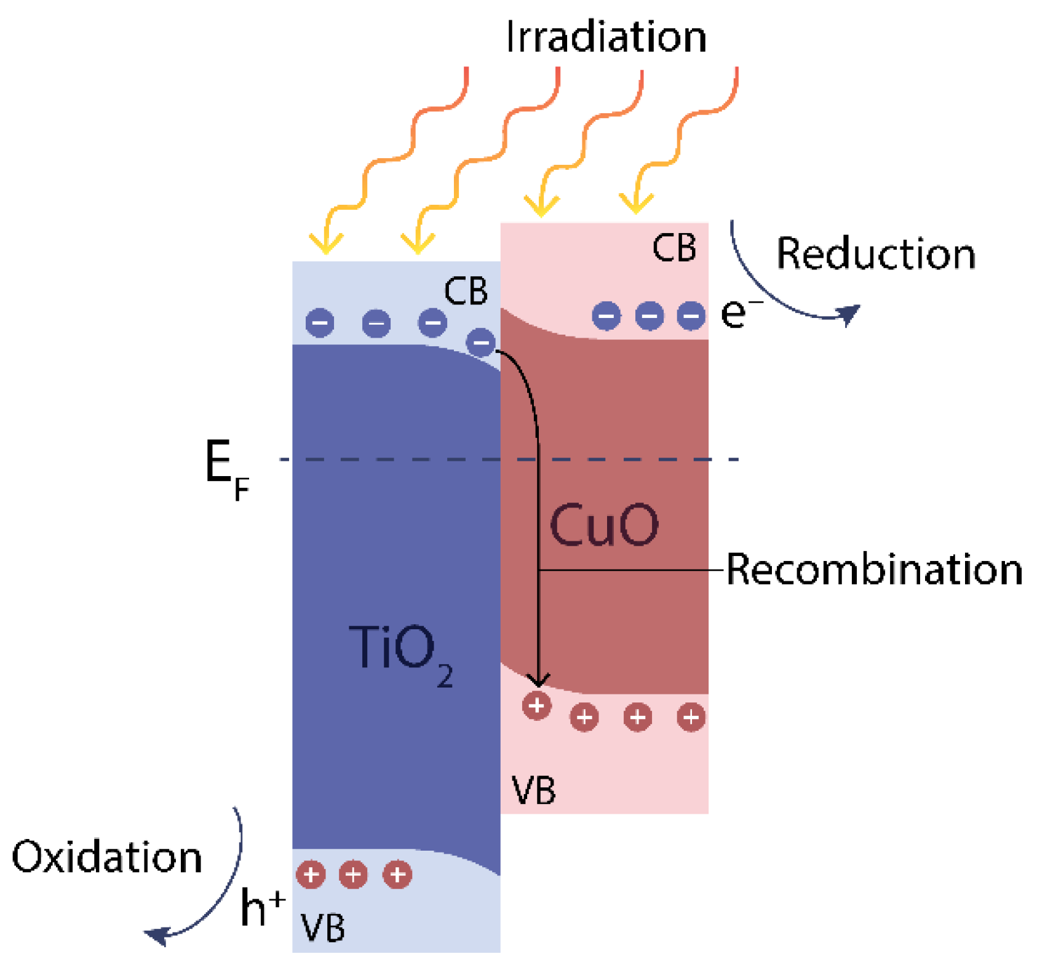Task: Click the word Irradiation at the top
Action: click(x=606, y=37)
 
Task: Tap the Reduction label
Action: click(x=875, y=253)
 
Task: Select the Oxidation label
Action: click(x=107, y=856)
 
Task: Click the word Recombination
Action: click(x=874, y=569)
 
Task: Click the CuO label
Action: click(x=603, y=525)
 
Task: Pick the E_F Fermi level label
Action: click(x=225, y=469)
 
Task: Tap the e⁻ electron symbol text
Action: click(x=738, y=312)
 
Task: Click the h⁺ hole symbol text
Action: click(x=261, y=907)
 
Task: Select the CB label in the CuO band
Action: click(x=673, y=248)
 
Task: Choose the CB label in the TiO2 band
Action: click(x=466, y=291)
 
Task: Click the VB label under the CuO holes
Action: click(x=533, y=790)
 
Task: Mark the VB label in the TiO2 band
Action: click(x=322, y=928)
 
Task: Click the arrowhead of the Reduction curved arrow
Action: click(x=849, y=314)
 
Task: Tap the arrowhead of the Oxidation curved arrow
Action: click(x=157, y=935)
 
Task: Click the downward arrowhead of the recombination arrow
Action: click(x=539, y=680)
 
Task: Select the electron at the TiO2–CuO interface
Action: click(x=480, y=342)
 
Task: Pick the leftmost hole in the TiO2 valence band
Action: click(x=311, y=874)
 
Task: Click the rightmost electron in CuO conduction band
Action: click(x=691, y=316)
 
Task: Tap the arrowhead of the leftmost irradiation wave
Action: click(x=326, y=246)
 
